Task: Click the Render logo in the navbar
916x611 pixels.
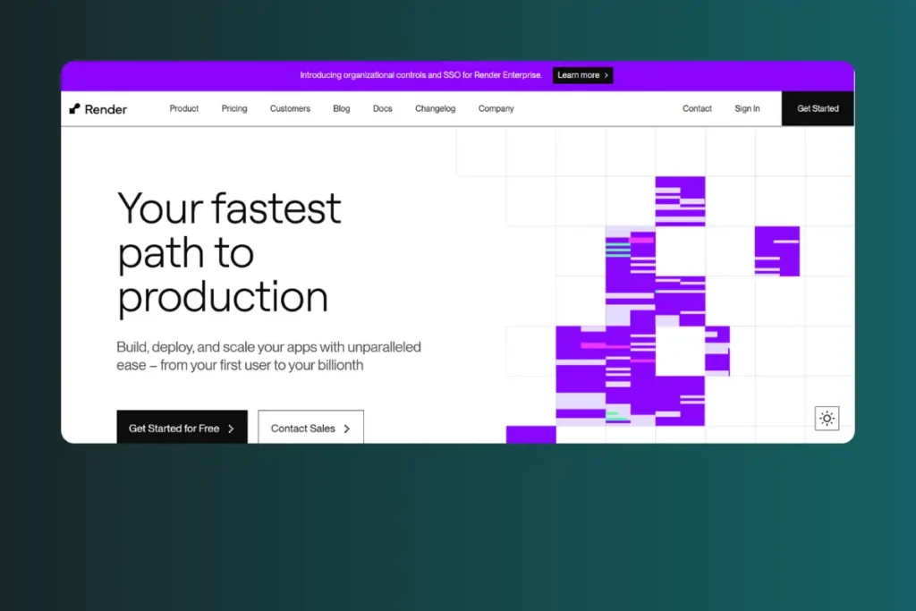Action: pyautogui.click(x=98, y=109)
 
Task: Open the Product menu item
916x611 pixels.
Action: pyautogui.click(x=184, y=108)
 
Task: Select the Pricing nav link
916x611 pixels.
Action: pyautogui.click(x=234, y=108)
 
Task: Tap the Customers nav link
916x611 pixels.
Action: pyautogui.click(x=290, y=108)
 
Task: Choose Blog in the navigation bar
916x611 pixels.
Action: pyautogui.click(x=341, y=108)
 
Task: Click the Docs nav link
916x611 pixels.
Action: pyautogui.click(x=383, y=108)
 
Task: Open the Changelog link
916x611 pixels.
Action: pyautogui.click(x=436, y=108)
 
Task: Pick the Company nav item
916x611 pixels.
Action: pyautogui.click(x=496, y=108)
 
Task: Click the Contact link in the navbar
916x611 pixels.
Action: pyautogui.click(x=697, y=108)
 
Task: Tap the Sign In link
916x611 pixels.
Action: pyautogui.click(x=747, y=108)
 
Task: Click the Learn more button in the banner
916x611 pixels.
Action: pyautogui.click(x=582, y=75)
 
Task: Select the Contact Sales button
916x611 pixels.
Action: pyautogui.click(x=310, y=429)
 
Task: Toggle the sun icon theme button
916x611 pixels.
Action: pyautogui.click(x=827, y=419)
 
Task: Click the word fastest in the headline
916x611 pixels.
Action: pyautogui.click(x=276, y=208)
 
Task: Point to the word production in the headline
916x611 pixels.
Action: pyautogui.click(x=223, y=297)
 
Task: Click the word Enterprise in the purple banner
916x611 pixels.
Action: pyautogui.click(x=522, y=75)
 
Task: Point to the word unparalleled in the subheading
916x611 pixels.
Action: pyautogui.click(x=384, y=347)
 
